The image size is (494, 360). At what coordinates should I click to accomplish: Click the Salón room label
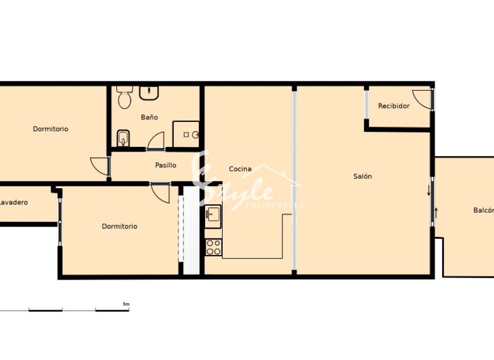tap(362, 176)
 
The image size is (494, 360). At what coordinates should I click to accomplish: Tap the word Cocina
tap(240, 169)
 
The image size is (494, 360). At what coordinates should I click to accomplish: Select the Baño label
tap(149, 117)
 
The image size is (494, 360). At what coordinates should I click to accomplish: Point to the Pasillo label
tap(166, 165)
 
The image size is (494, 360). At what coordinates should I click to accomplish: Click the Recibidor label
tap(393, 106)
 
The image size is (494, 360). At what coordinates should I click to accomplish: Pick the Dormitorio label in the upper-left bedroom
tap(51, 129)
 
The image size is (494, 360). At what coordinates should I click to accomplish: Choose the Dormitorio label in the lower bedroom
tap(119, 226)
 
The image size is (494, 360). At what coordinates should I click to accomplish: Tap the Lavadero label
tap(13, 203)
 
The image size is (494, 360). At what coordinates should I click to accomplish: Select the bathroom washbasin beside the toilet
tap(150, 92)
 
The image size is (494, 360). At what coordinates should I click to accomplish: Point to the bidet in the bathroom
tap(123, 138)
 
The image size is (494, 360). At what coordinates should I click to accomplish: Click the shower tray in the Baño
tap(186, 134)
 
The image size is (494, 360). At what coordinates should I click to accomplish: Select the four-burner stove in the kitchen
tap(213, 247)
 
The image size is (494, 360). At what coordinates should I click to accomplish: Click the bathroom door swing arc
tap(156, 141)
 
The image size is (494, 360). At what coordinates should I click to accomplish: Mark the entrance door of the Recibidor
tap(423, 98)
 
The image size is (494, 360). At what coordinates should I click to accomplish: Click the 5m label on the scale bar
tap(126, 304)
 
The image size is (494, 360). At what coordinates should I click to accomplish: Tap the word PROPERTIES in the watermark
tap(275, 206)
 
